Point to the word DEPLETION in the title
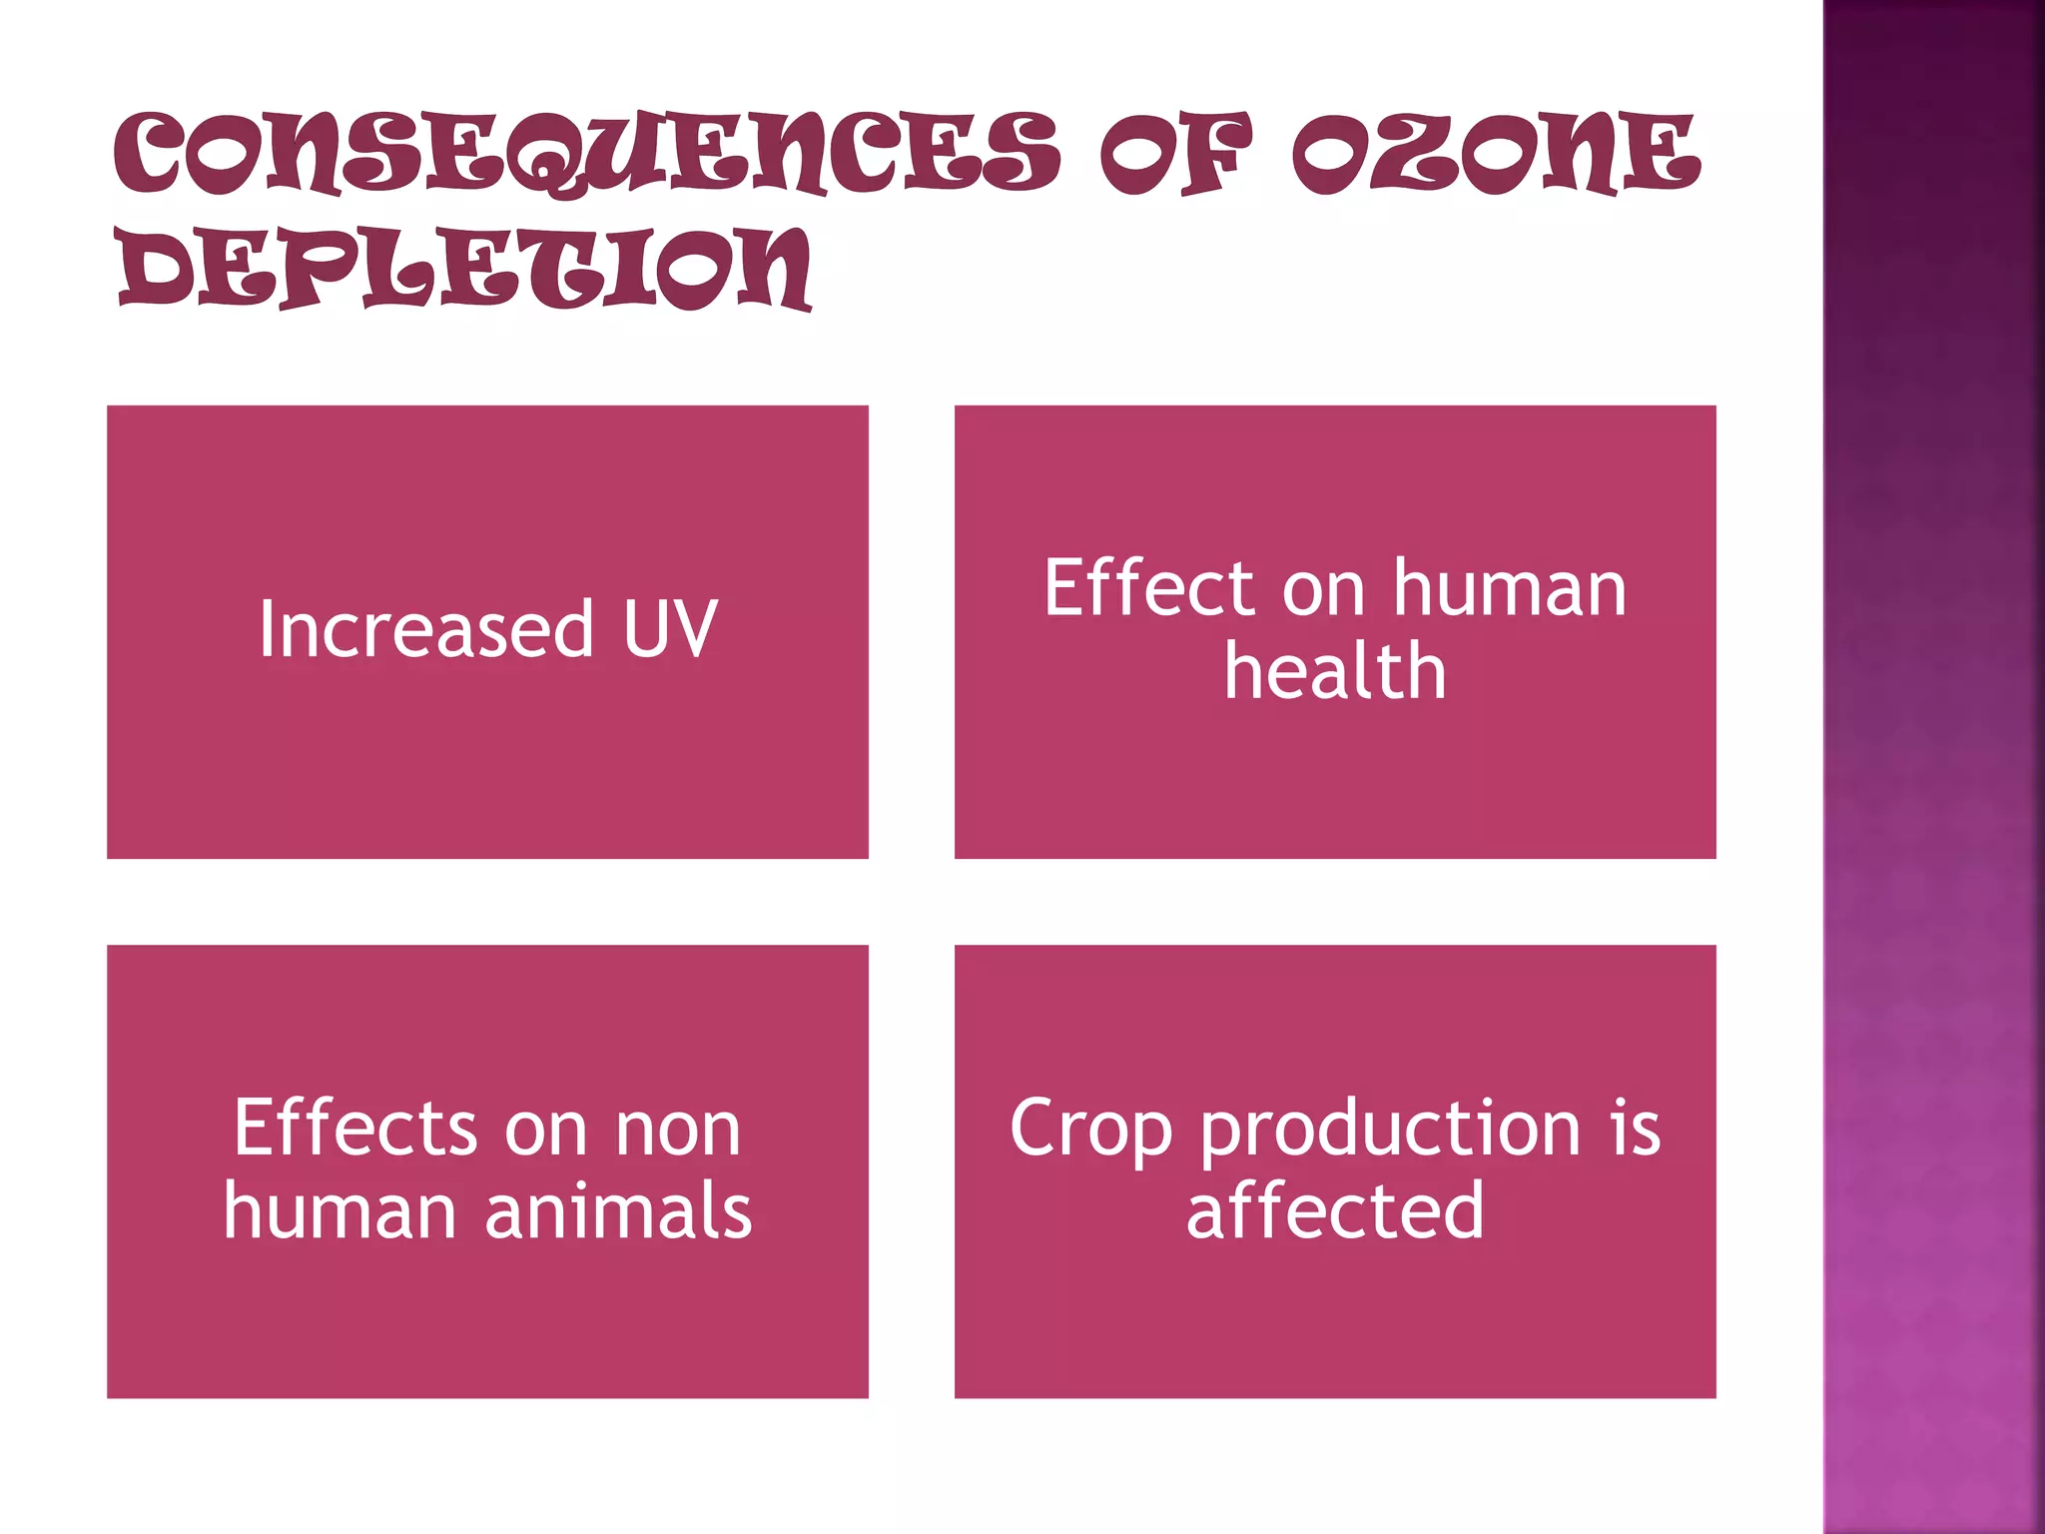tap(464, 268)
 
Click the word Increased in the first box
tap(426, 629)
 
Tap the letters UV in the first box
tap(670, 629)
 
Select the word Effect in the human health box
tap(1148, 588)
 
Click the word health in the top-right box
tap(1335, 671)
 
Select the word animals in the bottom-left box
tap(618, 1211)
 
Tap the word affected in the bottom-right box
tap(1335, 1211)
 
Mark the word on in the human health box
tap(1323, 590)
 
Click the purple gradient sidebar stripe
tap(1933, 767)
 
